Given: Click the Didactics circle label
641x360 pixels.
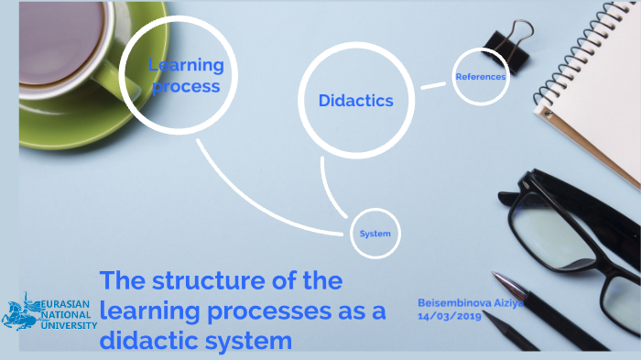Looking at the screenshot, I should (x=355, y=101).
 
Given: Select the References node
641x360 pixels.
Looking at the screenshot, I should (x=480, y=77).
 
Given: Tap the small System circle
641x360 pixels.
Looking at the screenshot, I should (x=375, y=234).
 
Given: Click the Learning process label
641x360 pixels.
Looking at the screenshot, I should (x=186, y=76).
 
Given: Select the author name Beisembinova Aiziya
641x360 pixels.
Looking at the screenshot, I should (x=470, y=303).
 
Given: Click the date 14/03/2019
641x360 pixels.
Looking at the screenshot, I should (x=449, y=316).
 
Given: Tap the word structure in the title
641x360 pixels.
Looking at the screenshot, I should (x=211, y=281).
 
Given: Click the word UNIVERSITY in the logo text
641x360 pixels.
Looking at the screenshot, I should (x=69, y=325).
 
